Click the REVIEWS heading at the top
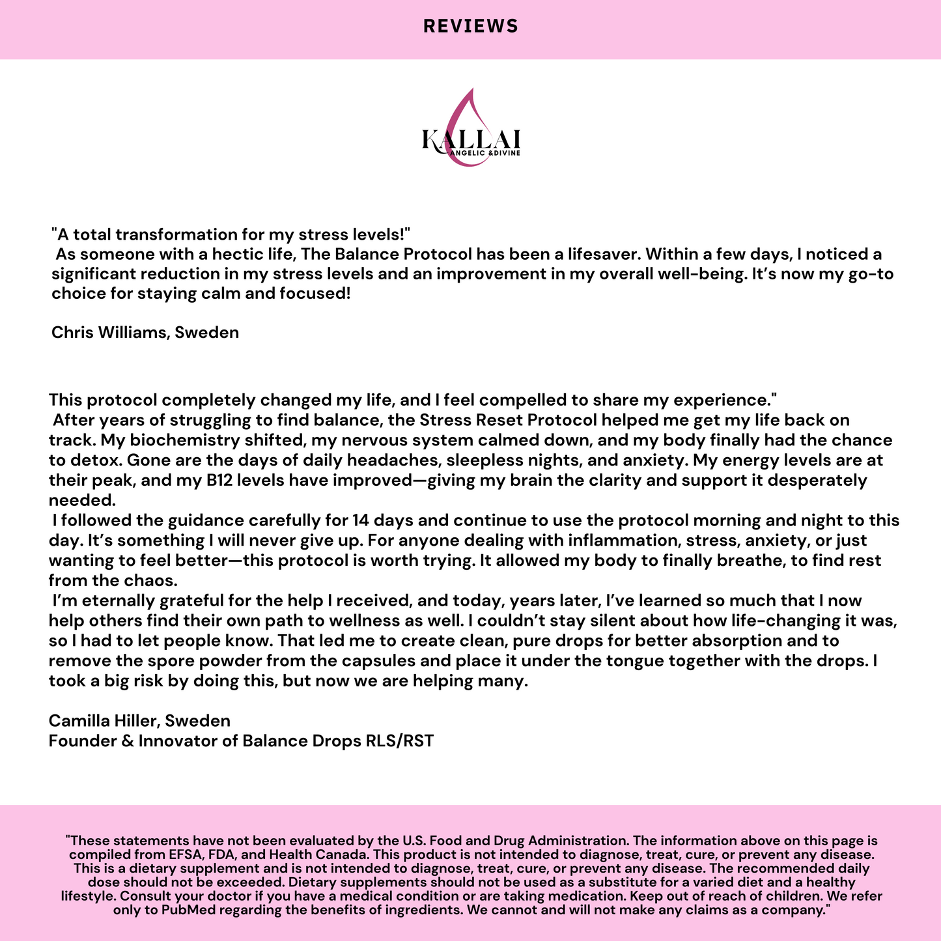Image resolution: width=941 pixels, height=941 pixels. [470, 26]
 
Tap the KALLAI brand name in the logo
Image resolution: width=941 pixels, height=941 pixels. [470, 139]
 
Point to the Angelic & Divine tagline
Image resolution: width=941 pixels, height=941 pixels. [485, 154]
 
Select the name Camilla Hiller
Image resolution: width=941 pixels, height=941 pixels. [105, 721]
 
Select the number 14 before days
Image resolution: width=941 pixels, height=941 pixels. [360, 521]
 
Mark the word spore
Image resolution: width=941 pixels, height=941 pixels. [173, 661]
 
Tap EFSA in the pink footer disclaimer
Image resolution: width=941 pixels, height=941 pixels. [171, 854]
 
